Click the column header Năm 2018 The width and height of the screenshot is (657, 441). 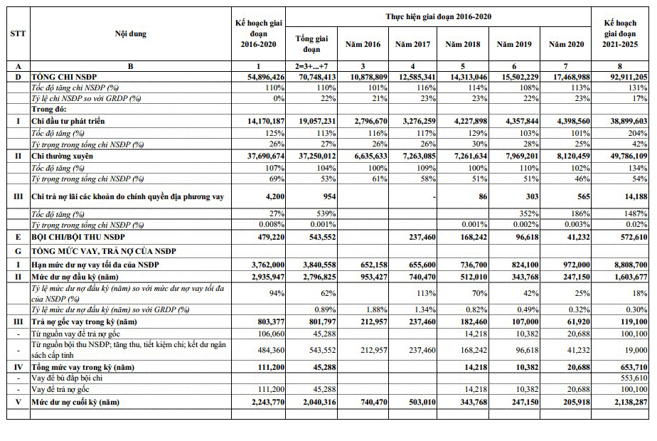[462, 44]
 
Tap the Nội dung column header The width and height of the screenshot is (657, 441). [130, 33]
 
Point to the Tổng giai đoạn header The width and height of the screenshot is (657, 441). [311, 44]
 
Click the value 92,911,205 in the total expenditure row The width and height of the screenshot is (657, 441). [624, 75]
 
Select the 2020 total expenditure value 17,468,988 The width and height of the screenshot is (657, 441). [566, 75]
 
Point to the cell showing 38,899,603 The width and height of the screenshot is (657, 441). [624, 122]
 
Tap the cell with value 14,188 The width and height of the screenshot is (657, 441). [633, 196]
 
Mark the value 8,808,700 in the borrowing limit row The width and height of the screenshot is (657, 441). [626, 264]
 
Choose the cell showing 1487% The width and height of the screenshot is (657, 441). [635, 213]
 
